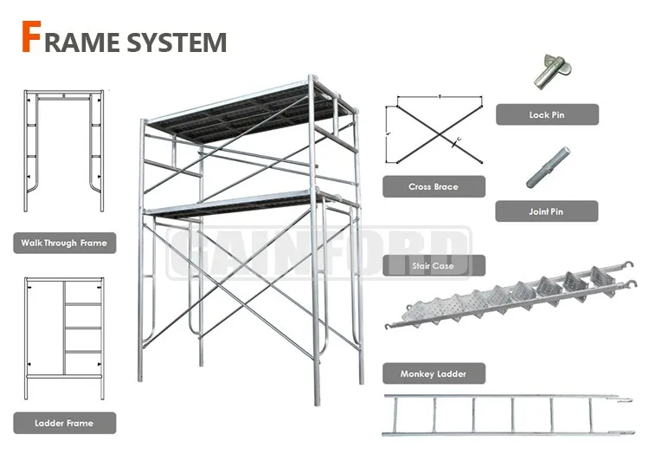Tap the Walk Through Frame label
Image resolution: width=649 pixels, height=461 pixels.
pos(64,243)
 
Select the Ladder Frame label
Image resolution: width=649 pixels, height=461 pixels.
pos(64,423)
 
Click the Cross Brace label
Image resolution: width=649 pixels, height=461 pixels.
pos(434,186)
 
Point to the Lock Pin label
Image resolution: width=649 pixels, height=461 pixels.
pos(546,114)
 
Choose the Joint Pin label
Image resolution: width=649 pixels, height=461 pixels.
pos(546,211)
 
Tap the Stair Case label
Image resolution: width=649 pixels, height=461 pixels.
pos(434,265)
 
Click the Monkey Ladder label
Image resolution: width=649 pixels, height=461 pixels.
pos(434,373)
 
